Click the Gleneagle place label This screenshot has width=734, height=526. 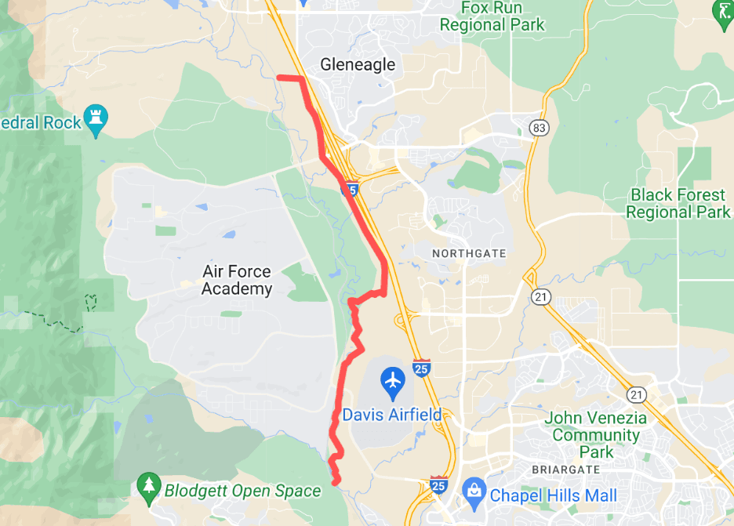(358, 65)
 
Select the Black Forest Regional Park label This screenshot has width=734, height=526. (679, 203)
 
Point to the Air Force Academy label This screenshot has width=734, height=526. (237, 280)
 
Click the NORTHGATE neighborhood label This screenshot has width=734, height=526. (469, 254)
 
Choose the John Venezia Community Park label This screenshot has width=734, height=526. (596, 434)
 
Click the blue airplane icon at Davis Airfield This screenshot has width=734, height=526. (392, 382)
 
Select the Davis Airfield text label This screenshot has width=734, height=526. (391, 415)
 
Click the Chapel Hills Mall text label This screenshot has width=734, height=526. (553, 495)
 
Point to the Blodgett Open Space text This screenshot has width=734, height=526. (242, 492)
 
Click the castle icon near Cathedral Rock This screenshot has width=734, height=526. (96, 119)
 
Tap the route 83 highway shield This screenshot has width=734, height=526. (538, 128)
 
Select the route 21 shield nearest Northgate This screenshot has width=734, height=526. (540, 296)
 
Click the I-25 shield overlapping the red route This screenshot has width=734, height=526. (351, 189)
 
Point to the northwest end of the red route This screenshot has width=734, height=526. (280, 77)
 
